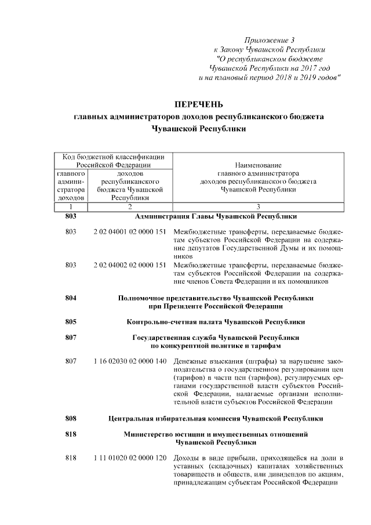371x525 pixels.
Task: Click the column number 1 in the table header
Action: click(71, 207)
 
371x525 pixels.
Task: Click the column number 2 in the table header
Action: click(130, 207)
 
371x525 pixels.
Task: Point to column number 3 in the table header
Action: click(258, 207)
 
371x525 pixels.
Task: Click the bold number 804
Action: click(71, 298)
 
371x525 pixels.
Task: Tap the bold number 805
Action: click(71, 321)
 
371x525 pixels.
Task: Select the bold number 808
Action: click(71, 418)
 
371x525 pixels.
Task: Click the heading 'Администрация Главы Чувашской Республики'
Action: click(216, 216)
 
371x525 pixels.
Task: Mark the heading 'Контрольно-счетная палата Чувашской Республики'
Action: click(216, 321)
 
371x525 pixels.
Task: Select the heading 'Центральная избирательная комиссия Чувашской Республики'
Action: click(216, 418)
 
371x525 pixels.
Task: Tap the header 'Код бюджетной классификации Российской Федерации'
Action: click(113, 161)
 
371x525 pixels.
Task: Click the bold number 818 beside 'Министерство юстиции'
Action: click(71, 435)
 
